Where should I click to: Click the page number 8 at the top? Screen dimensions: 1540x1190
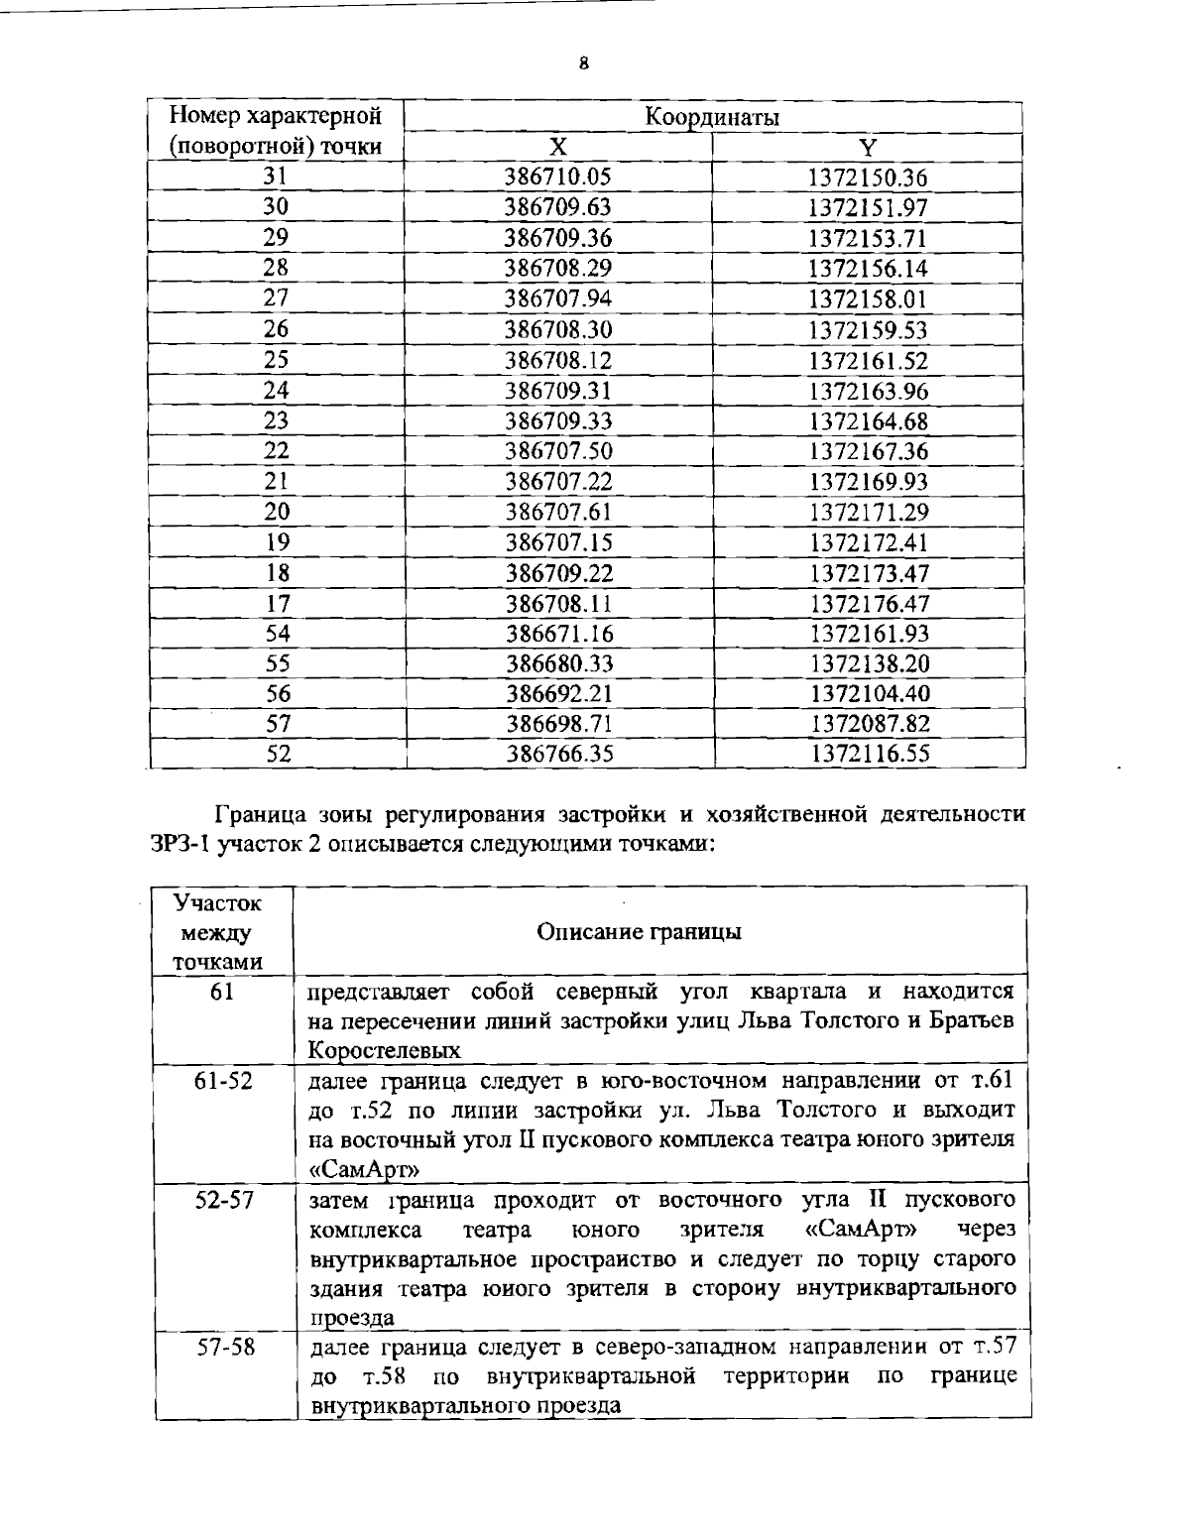(x=584, y=64)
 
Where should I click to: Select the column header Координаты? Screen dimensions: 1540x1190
(x=712, y=117)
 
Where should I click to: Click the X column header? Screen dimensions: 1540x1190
(x=558, y=148)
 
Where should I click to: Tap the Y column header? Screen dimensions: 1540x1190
(x=868, y=148)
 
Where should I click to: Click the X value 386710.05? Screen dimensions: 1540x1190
(x=558, y=178)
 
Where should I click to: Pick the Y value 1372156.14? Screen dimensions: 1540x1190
(x=868, y=269)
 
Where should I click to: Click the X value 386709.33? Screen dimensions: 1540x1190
(x=558, y=421)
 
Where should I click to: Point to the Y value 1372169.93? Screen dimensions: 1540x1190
(x=869, y=482)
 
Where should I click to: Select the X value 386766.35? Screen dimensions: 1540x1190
(x=559, y=755)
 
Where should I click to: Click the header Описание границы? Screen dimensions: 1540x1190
(x=639, y=932)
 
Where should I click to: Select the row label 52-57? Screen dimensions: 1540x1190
(x=223, y=1199)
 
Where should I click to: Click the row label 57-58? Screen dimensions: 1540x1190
(x=224, y=1349)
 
